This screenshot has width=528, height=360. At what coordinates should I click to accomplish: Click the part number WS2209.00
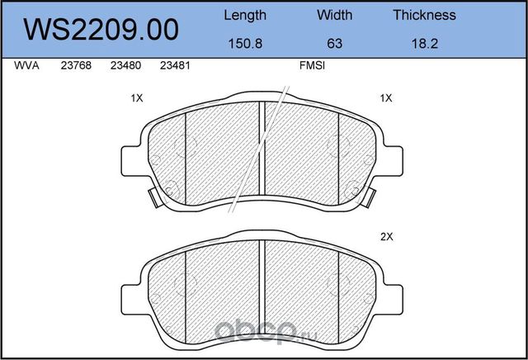(102, 31)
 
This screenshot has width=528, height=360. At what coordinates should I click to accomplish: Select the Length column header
(245, 15)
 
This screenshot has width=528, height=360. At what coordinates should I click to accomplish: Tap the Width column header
(334, 15)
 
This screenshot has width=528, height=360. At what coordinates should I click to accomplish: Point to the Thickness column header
(424, 15)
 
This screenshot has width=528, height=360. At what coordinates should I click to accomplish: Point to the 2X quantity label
(386, 237)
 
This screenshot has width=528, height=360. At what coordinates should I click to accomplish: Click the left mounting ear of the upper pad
(130, 159)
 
